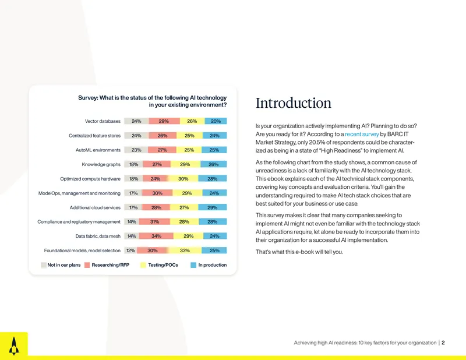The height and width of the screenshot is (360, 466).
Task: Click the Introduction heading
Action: [x=294, y=103]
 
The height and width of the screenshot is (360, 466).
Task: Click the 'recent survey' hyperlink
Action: [x=362, y=134]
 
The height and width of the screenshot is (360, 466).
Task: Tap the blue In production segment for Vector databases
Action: [x=216, y=121]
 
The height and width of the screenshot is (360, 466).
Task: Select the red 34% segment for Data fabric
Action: [x=156, y=236]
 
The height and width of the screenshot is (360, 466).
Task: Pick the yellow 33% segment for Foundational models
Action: [x=185, y=250]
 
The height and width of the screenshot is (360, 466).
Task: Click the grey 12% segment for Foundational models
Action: [x=130, y=250]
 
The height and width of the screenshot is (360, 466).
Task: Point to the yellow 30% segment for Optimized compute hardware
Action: [x=183, y=179]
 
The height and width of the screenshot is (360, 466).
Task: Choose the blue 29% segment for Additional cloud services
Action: [x=212, y=207]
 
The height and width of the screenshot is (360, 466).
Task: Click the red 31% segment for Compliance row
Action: [x=154, y=221]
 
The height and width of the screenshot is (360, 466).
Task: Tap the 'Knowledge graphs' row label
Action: [x=101, y=164]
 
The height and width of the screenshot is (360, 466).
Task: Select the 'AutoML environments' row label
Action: [x=98, y=150]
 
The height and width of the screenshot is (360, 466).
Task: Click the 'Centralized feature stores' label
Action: [x=94, y=136]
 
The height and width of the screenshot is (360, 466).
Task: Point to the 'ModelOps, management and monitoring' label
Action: [x=79, y=193]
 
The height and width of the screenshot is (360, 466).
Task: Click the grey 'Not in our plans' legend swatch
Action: [x=43, y=265]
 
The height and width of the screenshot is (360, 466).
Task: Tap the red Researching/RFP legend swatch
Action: [x=87, y=265]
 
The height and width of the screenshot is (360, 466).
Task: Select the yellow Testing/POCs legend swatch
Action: [x=143, y=265]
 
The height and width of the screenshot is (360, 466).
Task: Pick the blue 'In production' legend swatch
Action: [x=193, y=265]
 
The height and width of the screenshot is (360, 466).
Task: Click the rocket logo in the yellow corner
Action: [x=13, y=346]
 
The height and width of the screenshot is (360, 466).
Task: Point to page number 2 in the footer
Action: [x=443, y=343]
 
